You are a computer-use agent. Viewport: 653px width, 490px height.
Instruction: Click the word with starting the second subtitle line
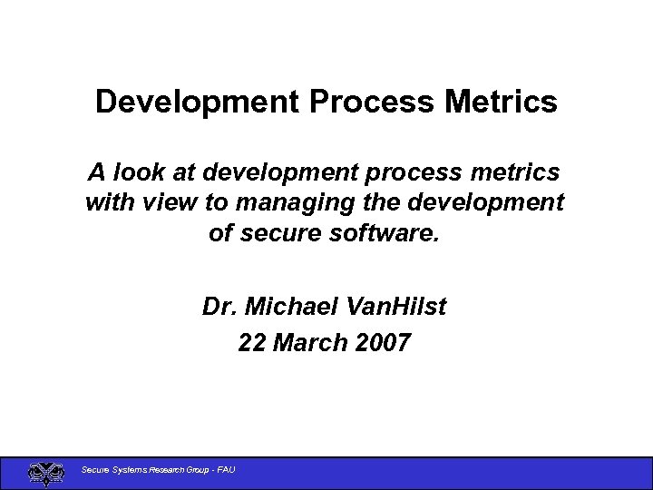(x=111, y=202)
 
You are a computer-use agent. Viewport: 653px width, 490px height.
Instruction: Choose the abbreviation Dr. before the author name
(x=220, y=308)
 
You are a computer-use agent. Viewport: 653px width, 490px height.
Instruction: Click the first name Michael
(x=293, y=308)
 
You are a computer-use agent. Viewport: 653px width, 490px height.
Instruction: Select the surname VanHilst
(x=396, y=308)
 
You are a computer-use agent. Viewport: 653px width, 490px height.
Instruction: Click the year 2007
(x=384, y=343)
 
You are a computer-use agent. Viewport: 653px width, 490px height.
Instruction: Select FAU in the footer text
(x=225, y=469)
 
